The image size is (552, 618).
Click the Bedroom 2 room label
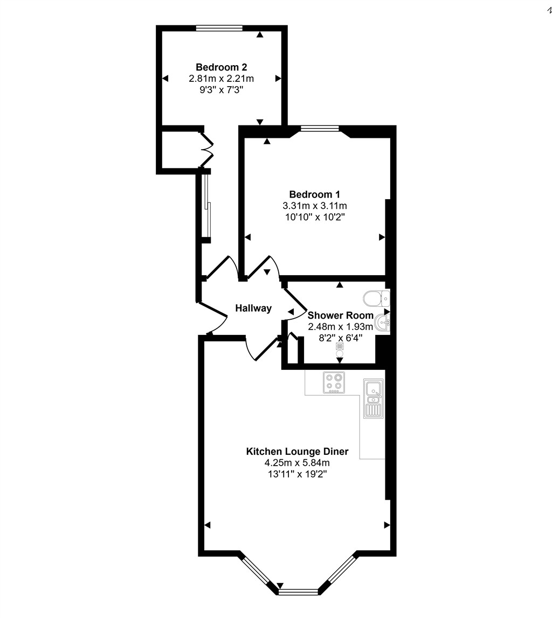pos(221,67)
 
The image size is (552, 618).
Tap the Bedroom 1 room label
pos(314,194)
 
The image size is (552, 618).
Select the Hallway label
pos(253,308)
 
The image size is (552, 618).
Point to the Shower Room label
pos(340,315)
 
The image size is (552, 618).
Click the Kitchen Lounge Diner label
pos(297,452)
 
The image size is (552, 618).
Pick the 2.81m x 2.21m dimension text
pos(221,79)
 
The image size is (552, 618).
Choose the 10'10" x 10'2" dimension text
pos(314,217)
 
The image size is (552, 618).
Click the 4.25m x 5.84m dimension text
pos(297,463)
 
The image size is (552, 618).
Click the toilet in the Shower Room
pos(376,298)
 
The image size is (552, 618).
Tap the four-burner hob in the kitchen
pos(334,382)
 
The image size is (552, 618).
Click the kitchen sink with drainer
pos(372,399)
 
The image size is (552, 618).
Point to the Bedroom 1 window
pos(320,129)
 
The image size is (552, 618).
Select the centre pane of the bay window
pos(299,592)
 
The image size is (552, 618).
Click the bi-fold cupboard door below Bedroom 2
pos(208,149)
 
